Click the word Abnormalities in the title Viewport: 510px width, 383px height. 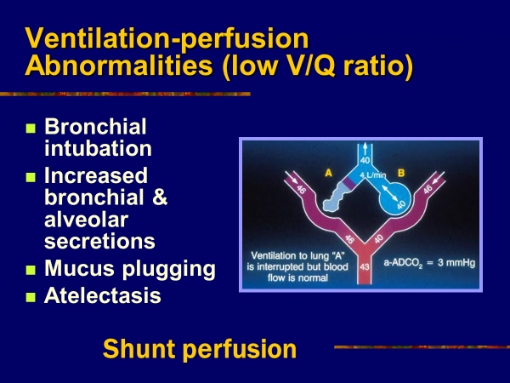[119, 65]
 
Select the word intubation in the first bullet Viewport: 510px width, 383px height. [98, 148]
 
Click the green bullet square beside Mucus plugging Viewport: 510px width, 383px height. [31, 270]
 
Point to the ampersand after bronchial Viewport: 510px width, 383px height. [160, 197]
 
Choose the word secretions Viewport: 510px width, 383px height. [99, 241]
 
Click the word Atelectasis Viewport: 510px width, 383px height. [103, 295]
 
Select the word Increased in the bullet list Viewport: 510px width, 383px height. [96, 175]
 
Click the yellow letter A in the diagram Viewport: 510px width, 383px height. [328, 173]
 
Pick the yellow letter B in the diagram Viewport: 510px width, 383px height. [401, 173]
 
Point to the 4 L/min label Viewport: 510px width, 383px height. [373, 175]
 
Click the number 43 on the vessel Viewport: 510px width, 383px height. [365, 267]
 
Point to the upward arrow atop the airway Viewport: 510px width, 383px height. [365, 148]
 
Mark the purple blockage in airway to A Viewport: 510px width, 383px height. [348, 183]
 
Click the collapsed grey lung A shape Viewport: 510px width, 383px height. [336, 197]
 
